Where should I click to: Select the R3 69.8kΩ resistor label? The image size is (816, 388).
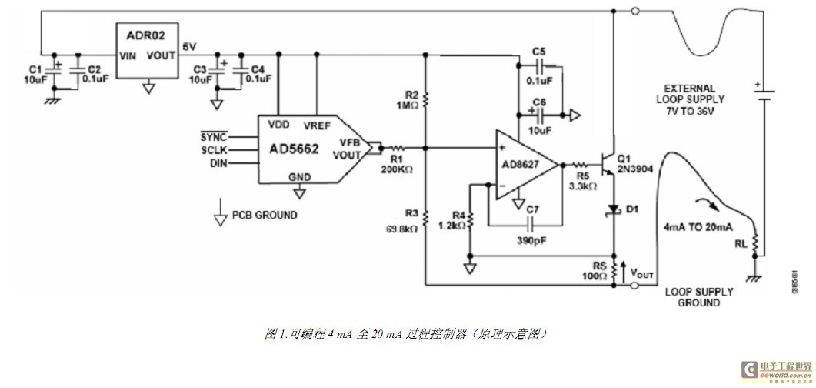pos(404,222)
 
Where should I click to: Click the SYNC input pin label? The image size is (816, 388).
pos(214,135)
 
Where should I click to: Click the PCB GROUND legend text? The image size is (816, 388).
pos(264,215)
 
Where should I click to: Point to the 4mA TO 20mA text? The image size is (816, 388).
pos(698,227)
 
